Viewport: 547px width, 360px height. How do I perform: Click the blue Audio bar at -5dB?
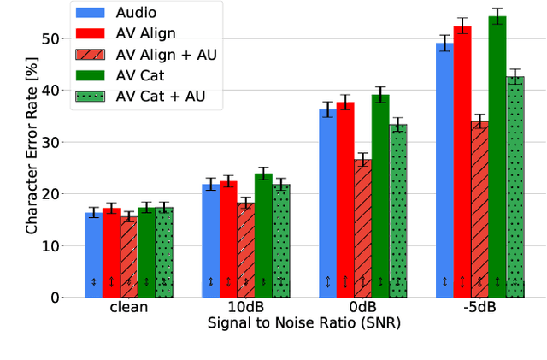444,171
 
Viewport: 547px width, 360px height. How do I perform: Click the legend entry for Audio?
137,14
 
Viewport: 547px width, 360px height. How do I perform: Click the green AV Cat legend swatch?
90,74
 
